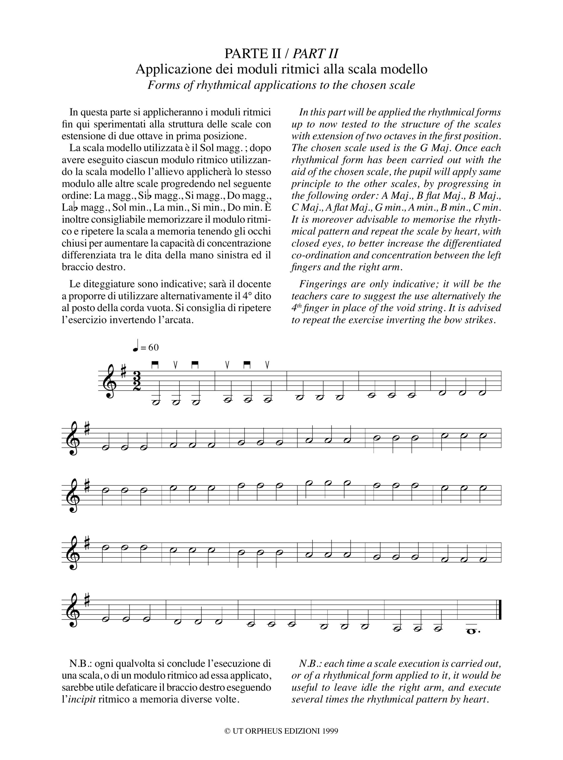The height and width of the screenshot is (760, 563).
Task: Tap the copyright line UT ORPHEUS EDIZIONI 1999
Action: point(281,731)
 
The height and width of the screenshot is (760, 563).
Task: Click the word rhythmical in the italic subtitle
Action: point(222,85)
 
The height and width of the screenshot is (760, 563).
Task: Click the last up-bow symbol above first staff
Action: point(267,365)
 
